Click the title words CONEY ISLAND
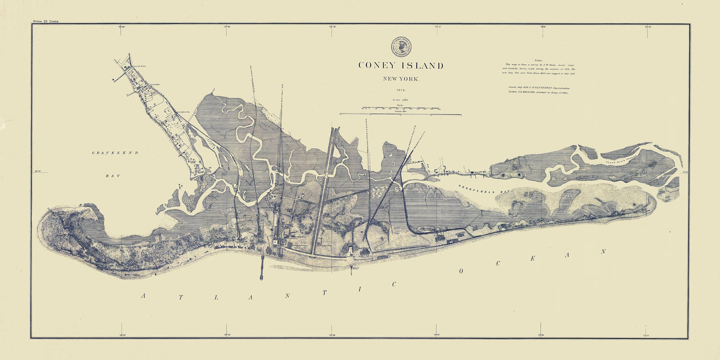point(400,66)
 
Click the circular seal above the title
point(400,46)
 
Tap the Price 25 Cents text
point(46,21)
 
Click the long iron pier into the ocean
point(261,264)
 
